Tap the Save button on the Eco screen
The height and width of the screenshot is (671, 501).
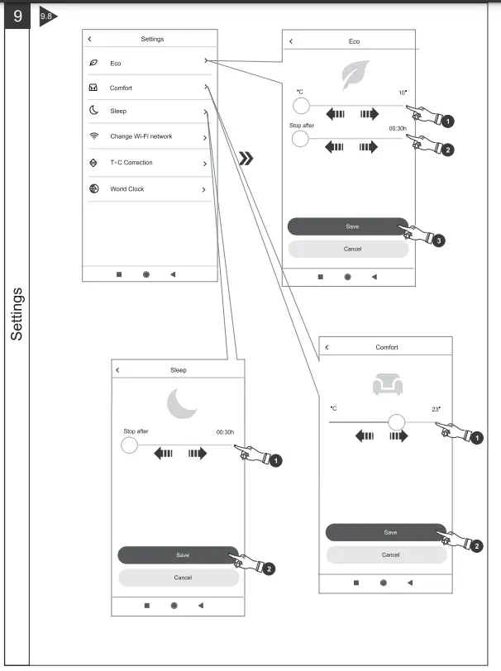[348, 226]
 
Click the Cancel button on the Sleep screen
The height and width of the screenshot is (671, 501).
[179, 578]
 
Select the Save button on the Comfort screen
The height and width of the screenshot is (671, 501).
[386, 532]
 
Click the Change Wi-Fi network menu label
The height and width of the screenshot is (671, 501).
[141, 136]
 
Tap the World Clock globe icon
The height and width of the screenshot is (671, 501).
[93, 188]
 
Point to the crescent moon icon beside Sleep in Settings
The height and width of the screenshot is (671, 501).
[93, 111]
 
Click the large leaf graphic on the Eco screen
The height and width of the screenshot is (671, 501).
[355, 74]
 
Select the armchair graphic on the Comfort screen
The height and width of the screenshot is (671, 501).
[388, 383]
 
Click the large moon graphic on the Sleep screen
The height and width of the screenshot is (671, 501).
[182, 403]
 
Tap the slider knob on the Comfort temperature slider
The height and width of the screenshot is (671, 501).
[397, 422]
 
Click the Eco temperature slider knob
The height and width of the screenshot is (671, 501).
[301, 106]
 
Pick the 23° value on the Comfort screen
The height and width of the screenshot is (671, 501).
[436, 409]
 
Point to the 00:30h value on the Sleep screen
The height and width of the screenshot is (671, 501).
[225, 432]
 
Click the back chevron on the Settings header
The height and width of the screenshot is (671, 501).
[89, 39]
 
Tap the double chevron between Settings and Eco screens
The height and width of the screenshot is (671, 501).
[246, 159]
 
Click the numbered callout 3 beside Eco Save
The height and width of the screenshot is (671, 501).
[438, 241]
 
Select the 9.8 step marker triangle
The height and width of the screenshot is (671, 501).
[48, 17]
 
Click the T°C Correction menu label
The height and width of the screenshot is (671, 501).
[131, 163]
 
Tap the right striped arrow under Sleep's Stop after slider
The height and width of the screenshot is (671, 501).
[198, 453]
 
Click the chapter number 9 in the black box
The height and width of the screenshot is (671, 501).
[17, 16]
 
